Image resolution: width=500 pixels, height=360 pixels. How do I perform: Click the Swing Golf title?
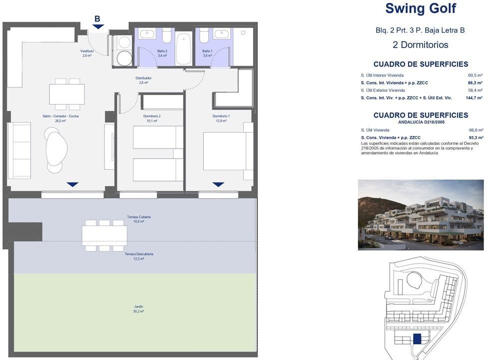coord(421,8)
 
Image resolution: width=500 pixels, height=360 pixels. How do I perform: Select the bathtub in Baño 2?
coord(184,49)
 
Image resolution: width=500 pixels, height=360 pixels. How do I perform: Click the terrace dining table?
coord(104,235)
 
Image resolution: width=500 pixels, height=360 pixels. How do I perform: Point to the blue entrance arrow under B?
coord(98,27)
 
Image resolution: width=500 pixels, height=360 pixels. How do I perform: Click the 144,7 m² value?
coord(474,98)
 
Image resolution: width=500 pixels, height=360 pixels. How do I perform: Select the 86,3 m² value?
coord(475,83)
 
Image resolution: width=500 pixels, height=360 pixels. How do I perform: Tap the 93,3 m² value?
coord(476,138)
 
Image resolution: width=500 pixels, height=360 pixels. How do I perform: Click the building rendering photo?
coord(421,215)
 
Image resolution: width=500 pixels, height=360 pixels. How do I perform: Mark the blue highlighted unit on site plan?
coord(417,338)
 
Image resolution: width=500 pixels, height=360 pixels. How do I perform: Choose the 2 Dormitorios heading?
coord(420,44)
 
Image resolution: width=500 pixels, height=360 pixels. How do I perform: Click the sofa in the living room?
coord(19,150)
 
